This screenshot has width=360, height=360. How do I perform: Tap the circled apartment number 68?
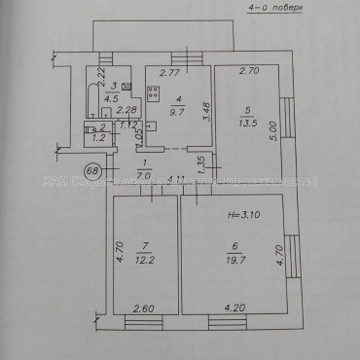click(67, 172)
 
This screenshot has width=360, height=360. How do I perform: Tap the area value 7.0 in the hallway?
click(145, 175)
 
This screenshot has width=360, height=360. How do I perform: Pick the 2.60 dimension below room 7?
click(143, 309)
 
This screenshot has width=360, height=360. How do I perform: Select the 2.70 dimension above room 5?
click(247, 71)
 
